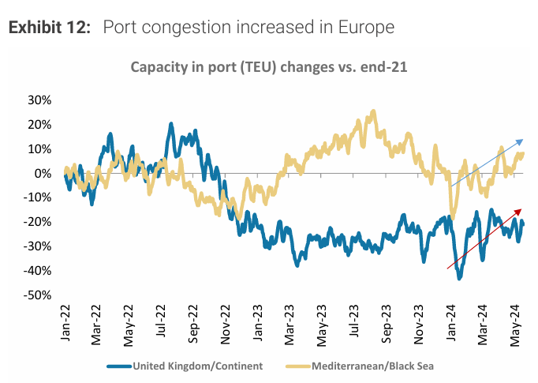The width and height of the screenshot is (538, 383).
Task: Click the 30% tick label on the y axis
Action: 39,100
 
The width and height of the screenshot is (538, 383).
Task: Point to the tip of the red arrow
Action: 522,208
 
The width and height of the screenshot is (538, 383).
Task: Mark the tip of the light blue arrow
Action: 524,139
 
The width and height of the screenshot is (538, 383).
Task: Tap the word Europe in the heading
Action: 365,28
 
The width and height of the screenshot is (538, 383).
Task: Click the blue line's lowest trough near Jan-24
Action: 460,278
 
